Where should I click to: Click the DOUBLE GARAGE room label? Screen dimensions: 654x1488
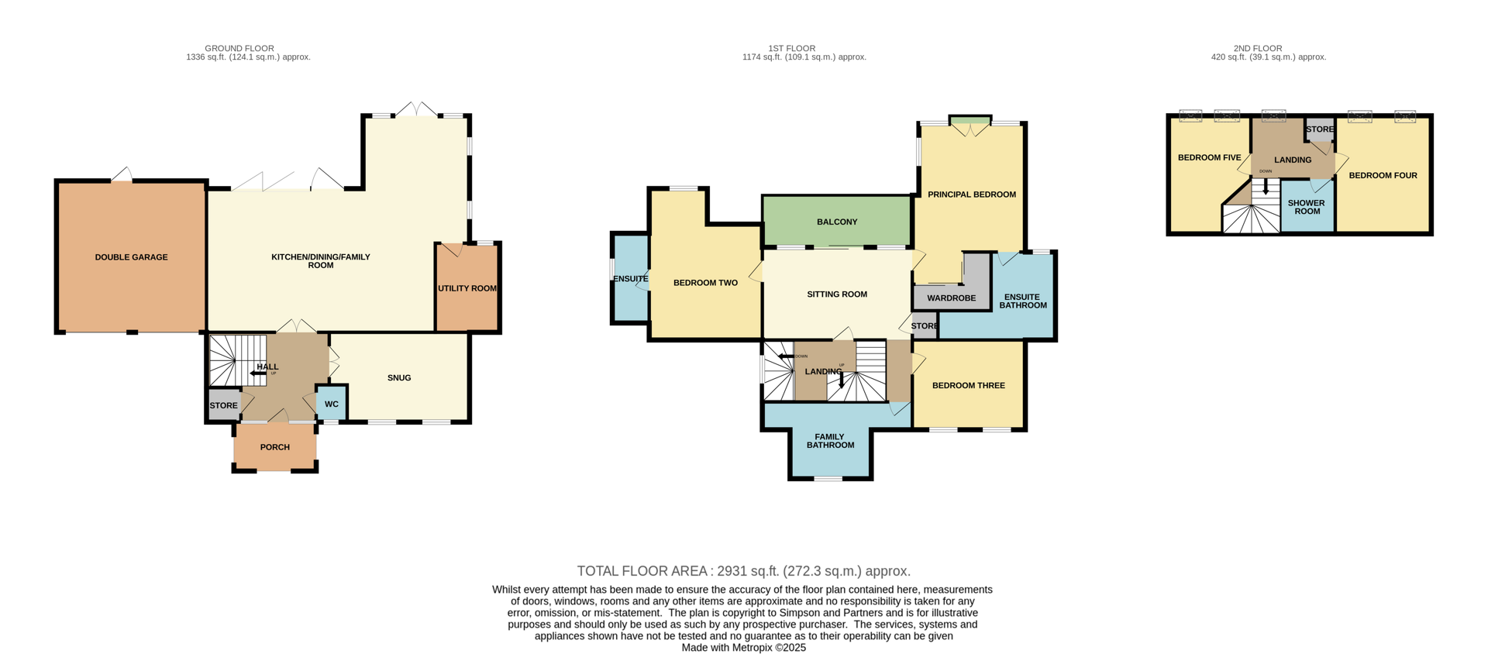point(131,257)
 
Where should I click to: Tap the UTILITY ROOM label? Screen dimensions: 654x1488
point(467,288)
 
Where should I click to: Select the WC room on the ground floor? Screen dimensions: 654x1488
point(331,404)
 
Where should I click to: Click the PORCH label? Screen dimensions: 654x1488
point(275,447)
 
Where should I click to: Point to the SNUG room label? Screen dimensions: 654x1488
point(399,378)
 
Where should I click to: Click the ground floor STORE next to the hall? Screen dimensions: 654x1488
point(223,405)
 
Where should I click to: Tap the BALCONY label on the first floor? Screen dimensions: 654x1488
point(837,222)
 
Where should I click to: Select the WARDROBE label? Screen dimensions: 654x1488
point(951,298)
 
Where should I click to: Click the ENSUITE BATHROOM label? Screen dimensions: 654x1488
point(1022,301)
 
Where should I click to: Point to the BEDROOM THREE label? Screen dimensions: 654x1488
point(968,385)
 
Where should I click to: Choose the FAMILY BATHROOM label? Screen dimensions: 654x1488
point(830,441)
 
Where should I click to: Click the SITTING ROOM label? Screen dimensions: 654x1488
point(837,294)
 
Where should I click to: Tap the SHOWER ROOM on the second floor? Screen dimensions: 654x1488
point(1307,207)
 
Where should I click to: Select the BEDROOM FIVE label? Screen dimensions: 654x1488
point(1209,158)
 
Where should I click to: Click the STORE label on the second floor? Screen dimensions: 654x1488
point(1320,129)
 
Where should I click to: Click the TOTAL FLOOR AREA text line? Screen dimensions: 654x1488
point(743,571)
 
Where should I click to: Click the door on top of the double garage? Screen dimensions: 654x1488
point(122,175)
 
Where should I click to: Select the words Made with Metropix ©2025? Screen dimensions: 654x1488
point(743,648)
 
